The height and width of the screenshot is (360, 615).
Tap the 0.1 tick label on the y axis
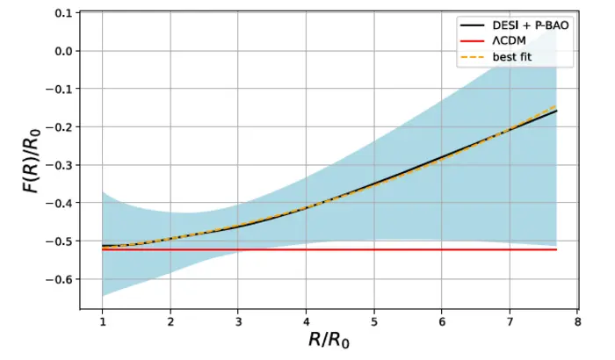(62, 13)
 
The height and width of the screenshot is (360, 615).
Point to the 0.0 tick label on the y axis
(62, 51)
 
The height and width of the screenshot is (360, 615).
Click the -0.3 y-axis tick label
(60, 165)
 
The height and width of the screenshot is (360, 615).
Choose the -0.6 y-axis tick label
(60, 279)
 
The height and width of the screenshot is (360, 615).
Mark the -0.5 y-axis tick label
(60, 241)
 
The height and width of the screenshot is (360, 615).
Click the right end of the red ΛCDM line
(556, 249)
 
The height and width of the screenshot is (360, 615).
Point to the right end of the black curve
(556, 111)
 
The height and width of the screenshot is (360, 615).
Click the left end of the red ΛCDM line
(103, 249)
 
